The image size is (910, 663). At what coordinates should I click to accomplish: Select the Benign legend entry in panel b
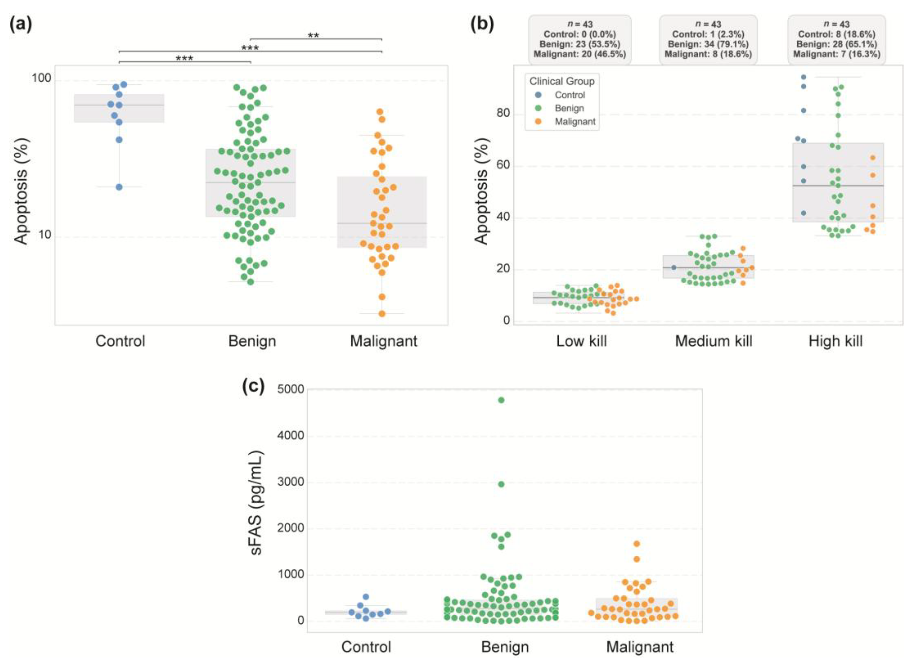click(x=569, y=108)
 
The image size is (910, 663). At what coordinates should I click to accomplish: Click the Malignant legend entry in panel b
click(x=575, y=122)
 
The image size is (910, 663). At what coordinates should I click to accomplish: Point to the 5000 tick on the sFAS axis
click(x=290, y=389)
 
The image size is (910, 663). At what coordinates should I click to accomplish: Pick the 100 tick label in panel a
click(x=41, y=78)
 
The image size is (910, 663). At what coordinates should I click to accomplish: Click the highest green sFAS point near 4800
click(x=501, y=400)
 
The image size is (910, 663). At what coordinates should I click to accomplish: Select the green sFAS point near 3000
click(x=501, y=484)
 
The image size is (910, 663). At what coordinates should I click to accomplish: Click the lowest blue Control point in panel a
click(x=119, y=187)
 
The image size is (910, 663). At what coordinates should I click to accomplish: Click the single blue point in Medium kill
click(x=674, y=267)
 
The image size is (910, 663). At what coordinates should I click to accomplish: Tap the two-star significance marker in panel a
click(x=313, y=36)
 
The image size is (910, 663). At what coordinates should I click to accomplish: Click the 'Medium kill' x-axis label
click(x=713, y=341)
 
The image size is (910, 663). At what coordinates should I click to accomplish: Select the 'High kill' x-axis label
click(x=835, y=341)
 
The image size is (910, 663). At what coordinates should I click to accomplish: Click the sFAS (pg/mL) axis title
click(x=256, y=503)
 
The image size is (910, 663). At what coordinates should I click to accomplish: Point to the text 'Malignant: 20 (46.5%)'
click(x=580, y=54)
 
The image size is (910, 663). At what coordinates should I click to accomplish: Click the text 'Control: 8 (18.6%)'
click(x=836, y=34)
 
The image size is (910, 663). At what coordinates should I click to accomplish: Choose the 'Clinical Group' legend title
click(x=562, y=81)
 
